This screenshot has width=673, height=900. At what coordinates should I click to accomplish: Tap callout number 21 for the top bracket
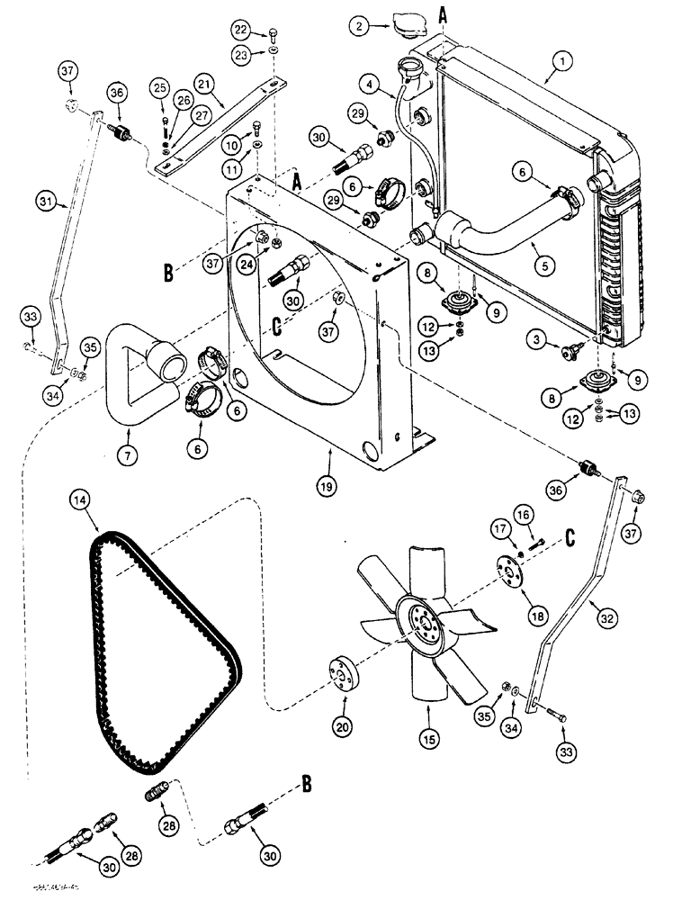click(203, 84)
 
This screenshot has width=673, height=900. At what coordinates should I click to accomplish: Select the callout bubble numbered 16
click(525, 512)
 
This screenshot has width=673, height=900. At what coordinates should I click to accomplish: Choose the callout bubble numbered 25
click(160, 87)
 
